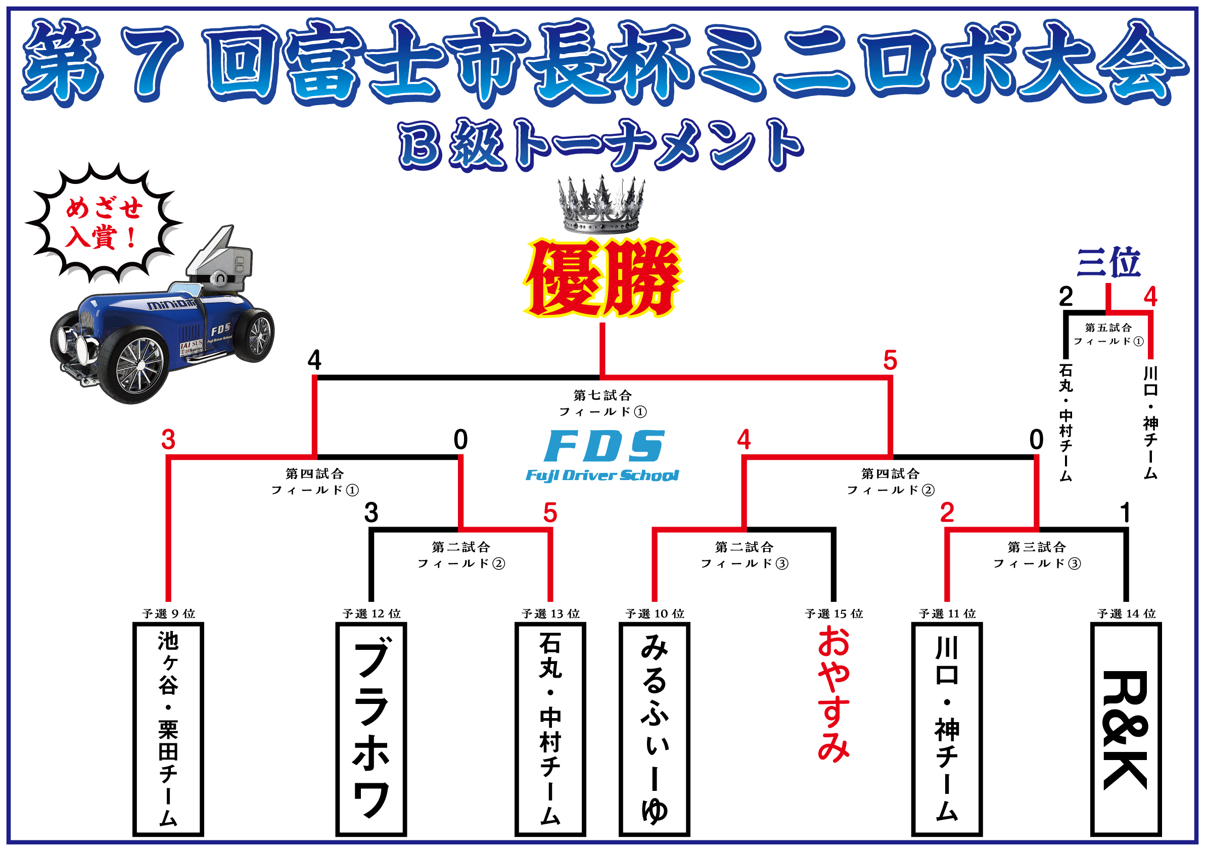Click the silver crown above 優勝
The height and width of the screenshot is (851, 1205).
point(601,206)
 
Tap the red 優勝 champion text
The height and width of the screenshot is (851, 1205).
point(602,278)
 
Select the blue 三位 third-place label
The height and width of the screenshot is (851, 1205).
point(1108,262)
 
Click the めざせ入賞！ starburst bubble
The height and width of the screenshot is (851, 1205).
point(104,222)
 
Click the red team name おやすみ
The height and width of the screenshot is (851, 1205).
point(833,695)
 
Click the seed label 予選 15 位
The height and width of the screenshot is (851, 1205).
point(834,613)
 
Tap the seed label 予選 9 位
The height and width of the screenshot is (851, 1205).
point(168,613)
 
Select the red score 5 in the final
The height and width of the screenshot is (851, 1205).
point(890,361)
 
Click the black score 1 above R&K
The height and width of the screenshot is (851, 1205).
point(1125,512)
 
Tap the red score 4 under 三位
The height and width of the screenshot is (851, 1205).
point(1150,298)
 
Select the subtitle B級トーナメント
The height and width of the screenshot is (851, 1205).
point(601,145)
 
